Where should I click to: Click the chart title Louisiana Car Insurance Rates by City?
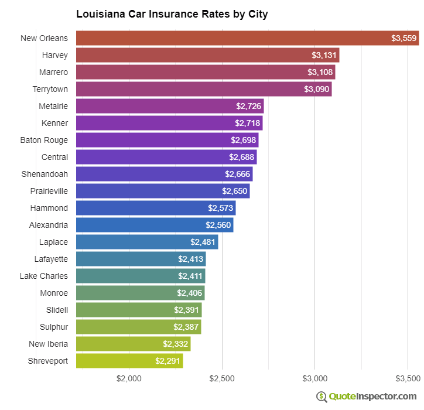(x=172, y=14)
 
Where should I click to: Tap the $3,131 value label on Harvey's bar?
(x=324, y=56)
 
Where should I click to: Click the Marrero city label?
(x=54, y=73)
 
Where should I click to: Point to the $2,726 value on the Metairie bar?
(x=248, y=107)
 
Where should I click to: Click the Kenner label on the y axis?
(x=54, y=124)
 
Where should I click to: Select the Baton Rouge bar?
(x=167, y=141)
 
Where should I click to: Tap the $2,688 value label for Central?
(x=241, y=158)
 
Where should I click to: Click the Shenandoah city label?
(x=45, y=175)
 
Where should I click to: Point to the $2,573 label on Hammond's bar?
(x=220, y=209)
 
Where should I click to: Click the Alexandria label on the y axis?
(x=49, y=225)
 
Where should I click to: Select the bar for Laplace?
(x=147, y=242)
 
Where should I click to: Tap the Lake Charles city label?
(x=43, y=276)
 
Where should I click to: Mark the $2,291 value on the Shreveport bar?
(x=167, y=361)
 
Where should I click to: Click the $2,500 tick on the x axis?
(x=222, y=379)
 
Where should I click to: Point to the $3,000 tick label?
(x=315, y=379)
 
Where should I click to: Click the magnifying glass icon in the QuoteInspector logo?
(x=322, y=397)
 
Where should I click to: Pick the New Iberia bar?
(x=133, y=344)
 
